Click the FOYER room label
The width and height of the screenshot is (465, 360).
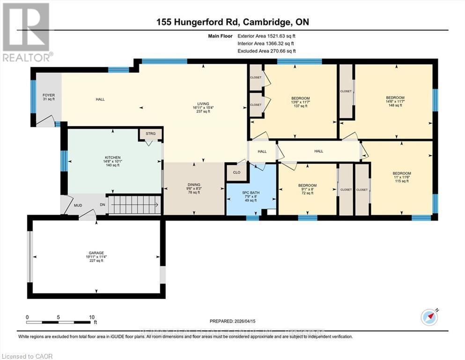(x=49, y=97)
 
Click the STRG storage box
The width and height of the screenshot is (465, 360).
(x=150, y=134)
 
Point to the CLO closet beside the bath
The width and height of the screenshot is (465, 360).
(x=237, y=172)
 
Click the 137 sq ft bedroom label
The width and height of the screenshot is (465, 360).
(x=300, y=102)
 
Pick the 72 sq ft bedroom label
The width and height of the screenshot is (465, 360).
(x=307, y=189)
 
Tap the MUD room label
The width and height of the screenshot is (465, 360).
(x=78, y=205)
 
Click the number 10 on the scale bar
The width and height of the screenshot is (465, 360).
(x=92, y=316)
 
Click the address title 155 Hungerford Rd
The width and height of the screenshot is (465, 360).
(x=232, y=22)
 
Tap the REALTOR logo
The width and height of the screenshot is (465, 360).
(x=27, y=33)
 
